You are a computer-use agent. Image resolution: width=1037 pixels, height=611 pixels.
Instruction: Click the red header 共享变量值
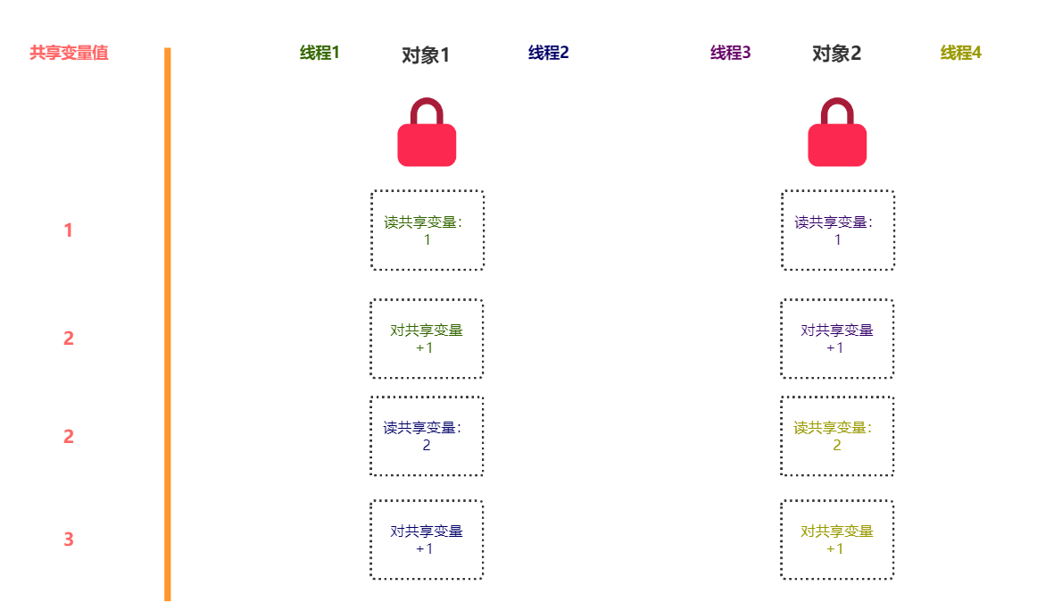(69, 53)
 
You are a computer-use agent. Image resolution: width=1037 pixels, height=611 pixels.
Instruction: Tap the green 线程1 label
(319, 53)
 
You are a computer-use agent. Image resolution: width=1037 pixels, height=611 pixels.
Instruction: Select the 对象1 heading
(426, 55)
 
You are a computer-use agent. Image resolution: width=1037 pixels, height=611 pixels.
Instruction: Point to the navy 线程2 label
(548, 53)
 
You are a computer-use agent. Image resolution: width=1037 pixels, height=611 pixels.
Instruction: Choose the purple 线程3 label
(730, 53)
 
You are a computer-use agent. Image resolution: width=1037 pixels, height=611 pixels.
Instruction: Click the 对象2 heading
(836, 54)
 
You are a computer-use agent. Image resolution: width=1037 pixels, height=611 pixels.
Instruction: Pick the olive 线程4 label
(961, 53)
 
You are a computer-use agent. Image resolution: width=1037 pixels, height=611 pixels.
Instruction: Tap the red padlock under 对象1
(427, 132)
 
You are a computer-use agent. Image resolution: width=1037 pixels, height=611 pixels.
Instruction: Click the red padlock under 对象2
(837, 132)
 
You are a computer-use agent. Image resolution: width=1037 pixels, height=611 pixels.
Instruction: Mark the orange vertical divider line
(167, 324)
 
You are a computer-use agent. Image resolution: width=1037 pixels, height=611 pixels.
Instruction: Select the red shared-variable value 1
(68, 230)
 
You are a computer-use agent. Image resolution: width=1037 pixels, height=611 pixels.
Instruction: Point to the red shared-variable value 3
(68, 540)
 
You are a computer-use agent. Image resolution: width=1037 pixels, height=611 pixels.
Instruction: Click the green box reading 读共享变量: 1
(427, 230)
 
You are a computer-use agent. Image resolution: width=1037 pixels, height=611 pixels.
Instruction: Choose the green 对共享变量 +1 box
(427, 339)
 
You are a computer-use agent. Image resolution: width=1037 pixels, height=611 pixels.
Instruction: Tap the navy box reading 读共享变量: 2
(427, 436)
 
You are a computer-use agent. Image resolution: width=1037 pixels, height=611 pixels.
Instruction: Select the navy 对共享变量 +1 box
(427, 540)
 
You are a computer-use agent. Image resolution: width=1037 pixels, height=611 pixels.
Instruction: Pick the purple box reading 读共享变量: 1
(838, 230)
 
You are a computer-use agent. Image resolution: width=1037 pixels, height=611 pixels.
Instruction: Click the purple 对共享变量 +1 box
(837, 339)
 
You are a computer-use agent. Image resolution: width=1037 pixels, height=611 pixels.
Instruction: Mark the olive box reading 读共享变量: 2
(837, 436)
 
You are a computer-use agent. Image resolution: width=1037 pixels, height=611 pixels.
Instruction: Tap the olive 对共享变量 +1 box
(837, 540)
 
